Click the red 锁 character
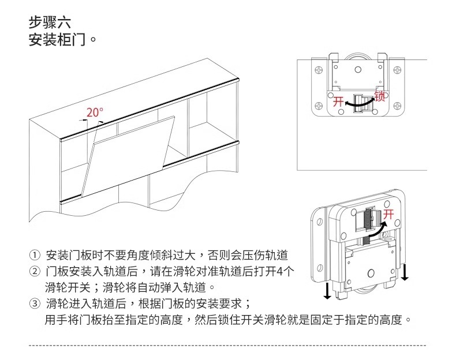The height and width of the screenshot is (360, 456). point(380,95)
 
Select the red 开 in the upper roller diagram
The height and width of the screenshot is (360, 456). point(338,102)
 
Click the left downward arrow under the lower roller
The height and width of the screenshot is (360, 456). point(327,290)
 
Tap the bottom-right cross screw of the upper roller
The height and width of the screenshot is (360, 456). point(397,105)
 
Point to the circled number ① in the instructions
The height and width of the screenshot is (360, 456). point(35,255)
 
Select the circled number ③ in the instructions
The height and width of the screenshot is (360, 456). point(35,303)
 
